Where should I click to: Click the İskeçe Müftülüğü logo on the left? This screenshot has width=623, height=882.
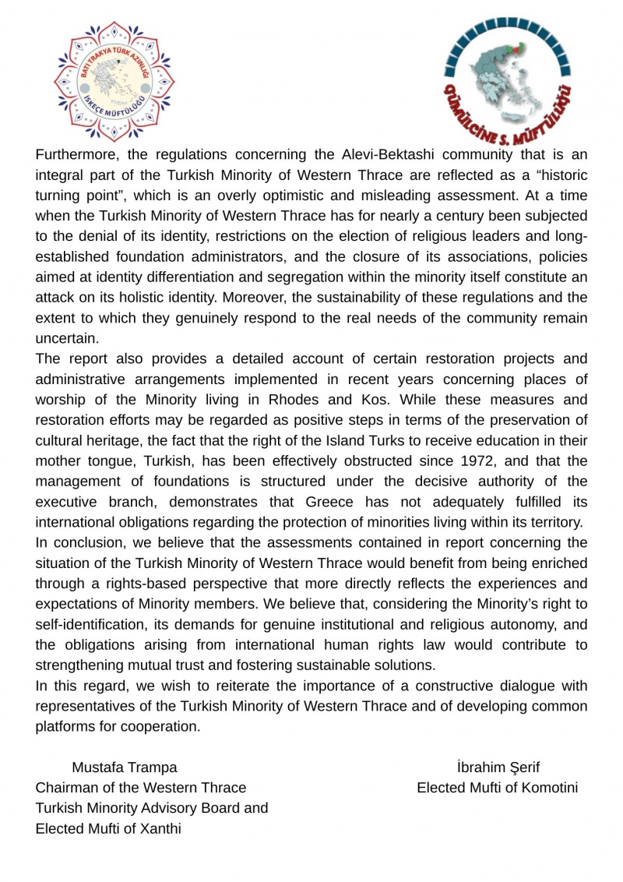pyautogui.click(x=114, y=82)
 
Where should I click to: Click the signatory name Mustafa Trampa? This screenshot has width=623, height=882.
pyautogui.click(x=125, y=767)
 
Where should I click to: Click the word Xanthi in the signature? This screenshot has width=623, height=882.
pyautogui.click(x=160, y=828)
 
